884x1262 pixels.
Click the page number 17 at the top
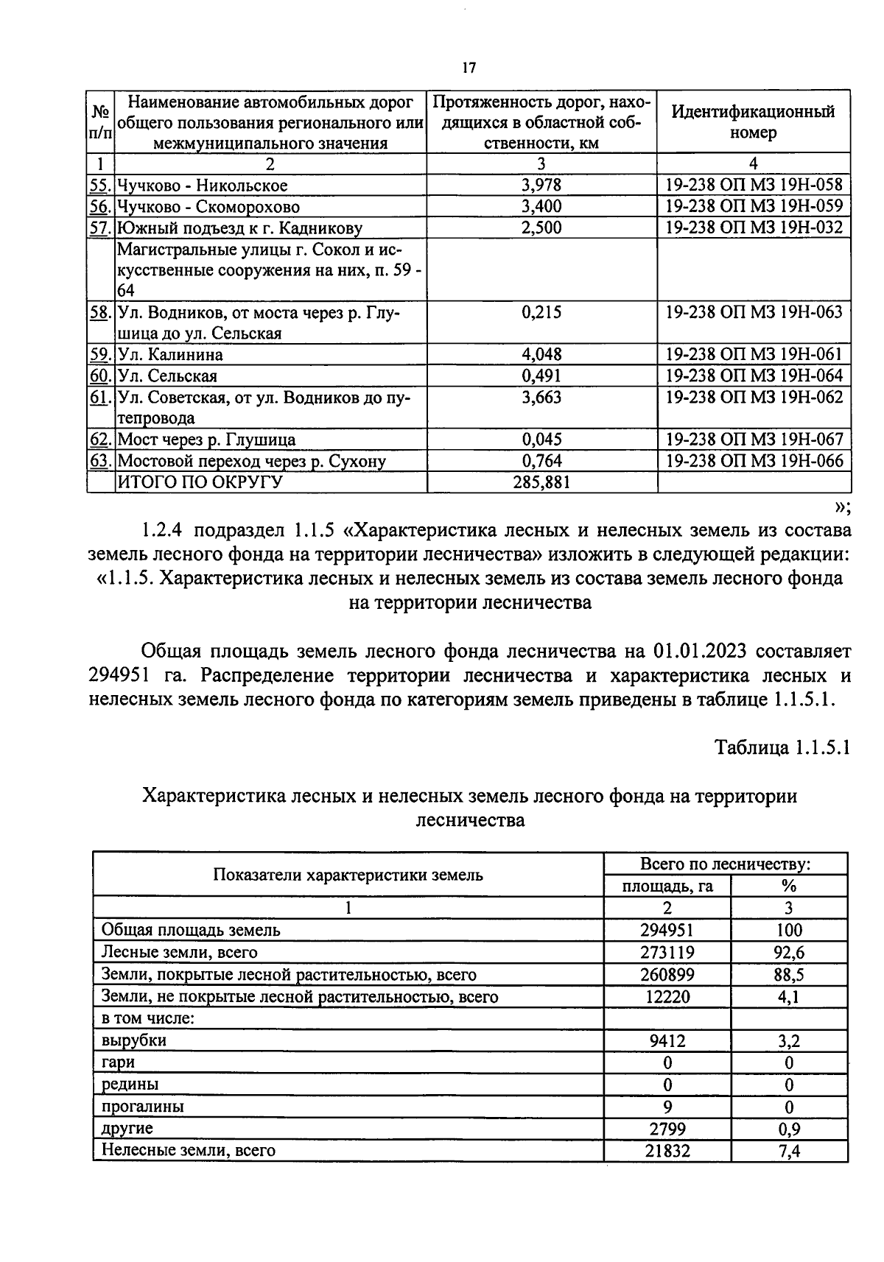click(469, 68)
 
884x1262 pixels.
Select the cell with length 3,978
click(541, 185)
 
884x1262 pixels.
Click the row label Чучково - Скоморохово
click(208, 207)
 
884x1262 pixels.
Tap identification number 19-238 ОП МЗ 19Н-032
click(754, 228)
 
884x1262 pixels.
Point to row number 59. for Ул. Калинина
click(100, 355)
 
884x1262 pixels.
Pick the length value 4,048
click(541, 355)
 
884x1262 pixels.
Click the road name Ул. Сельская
click(168, 376)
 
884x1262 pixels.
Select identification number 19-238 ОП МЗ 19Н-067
click(754, 440)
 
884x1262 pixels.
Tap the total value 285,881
click(541, 482)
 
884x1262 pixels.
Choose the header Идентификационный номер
click(753, 122)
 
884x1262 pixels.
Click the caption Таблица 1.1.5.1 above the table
click(782, 748)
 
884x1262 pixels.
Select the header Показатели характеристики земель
click(348, 875)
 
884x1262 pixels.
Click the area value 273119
click(667, 953)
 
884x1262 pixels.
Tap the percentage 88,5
click(790, 975)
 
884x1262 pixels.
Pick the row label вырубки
click(134, 1040)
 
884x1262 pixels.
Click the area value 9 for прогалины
click(667, 1107)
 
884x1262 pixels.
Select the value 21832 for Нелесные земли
click(667, 1150)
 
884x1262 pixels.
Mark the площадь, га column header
click(667, 886)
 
